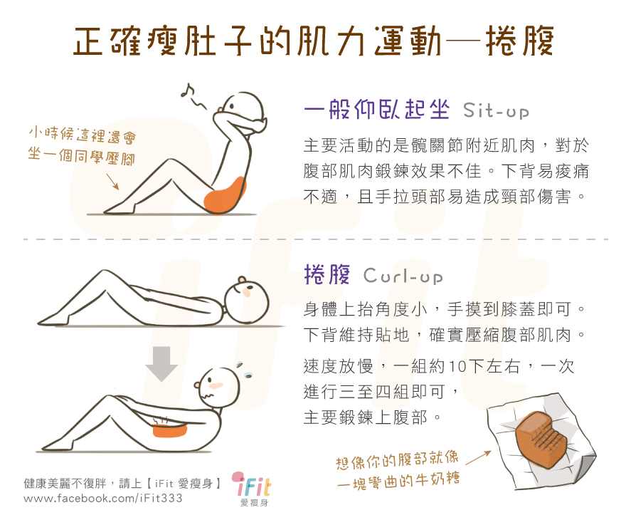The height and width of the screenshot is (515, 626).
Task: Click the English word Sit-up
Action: click(496, 110)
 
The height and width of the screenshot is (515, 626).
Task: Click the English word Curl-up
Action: click(403, 276)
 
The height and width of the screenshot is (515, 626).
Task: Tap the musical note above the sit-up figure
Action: click(187, 91)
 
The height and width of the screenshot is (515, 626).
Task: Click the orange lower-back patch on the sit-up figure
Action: click(225, 194)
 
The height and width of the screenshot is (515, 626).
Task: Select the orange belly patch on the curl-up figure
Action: click(170, 431)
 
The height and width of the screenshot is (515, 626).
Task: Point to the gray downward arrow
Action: click(161, 363)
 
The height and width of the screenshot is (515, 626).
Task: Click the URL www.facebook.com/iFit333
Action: click(103, 498)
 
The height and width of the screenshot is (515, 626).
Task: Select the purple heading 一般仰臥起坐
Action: click(376, 109)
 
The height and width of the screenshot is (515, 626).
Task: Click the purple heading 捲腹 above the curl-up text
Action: click(327, 274)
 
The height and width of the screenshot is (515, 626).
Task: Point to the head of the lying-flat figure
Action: click(246, 301)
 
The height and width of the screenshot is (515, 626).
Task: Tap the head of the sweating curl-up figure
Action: click(218, 387)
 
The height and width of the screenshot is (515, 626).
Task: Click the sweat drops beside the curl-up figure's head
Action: click(244, 370)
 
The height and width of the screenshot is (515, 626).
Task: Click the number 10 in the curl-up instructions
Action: click(458, 366)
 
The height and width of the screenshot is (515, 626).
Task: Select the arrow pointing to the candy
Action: click(478, 458)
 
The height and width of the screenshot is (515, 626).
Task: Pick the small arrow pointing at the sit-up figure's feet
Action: click(112, 182)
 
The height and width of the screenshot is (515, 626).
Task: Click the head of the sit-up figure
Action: click(243, 111)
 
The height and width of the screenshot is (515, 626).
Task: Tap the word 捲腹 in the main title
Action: click(519, 41)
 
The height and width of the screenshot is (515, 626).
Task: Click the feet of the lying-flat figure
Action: click(54, 319)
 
